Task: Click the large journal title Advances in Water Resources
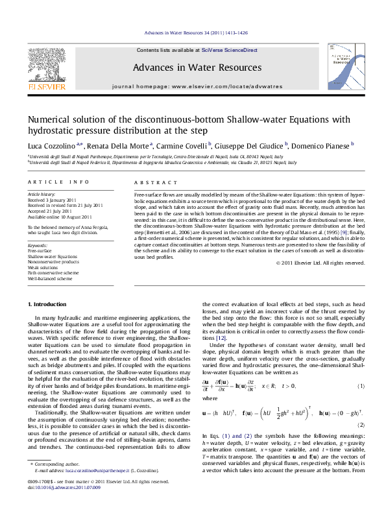[193, 67]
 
